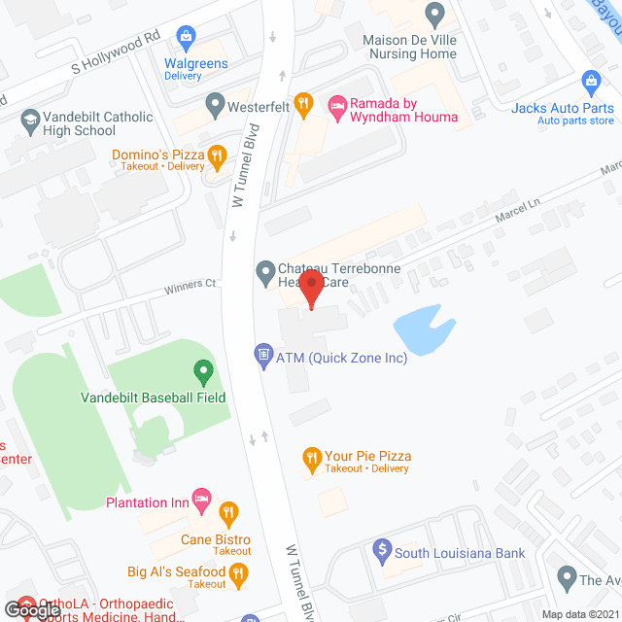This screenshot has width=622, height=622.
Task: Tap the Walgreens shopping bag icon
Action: [x=185, y=39]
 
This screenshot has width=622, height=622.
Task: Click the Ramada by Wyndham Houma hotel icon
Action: [x=336, y=104]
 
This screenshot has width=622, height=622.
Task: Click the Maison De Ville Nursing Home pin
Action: [x=435, y=15]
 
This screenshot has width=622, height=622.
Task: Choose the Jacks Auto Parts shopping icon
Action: [x=589, y=82]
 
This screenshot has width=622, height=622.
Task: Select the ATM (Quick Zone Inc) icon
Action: [x=262, y=356]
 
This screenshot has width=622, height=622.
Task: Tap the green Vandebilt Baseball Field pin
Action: [x=202, y=371]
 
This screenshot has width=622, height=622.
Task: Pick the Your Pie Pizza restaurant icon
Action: [x=311, y=456]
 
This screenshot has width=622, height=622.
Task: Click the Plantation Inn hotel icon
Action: [x=202, y=501]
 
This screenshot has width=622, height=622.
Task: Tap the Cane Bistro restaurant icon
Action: [x=228, y=512]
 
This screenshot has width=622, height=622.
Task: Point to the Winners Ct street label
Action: [x=190, y=285]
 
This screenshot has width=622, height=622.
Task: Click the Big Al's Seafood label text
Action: [x=176, y=571]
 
